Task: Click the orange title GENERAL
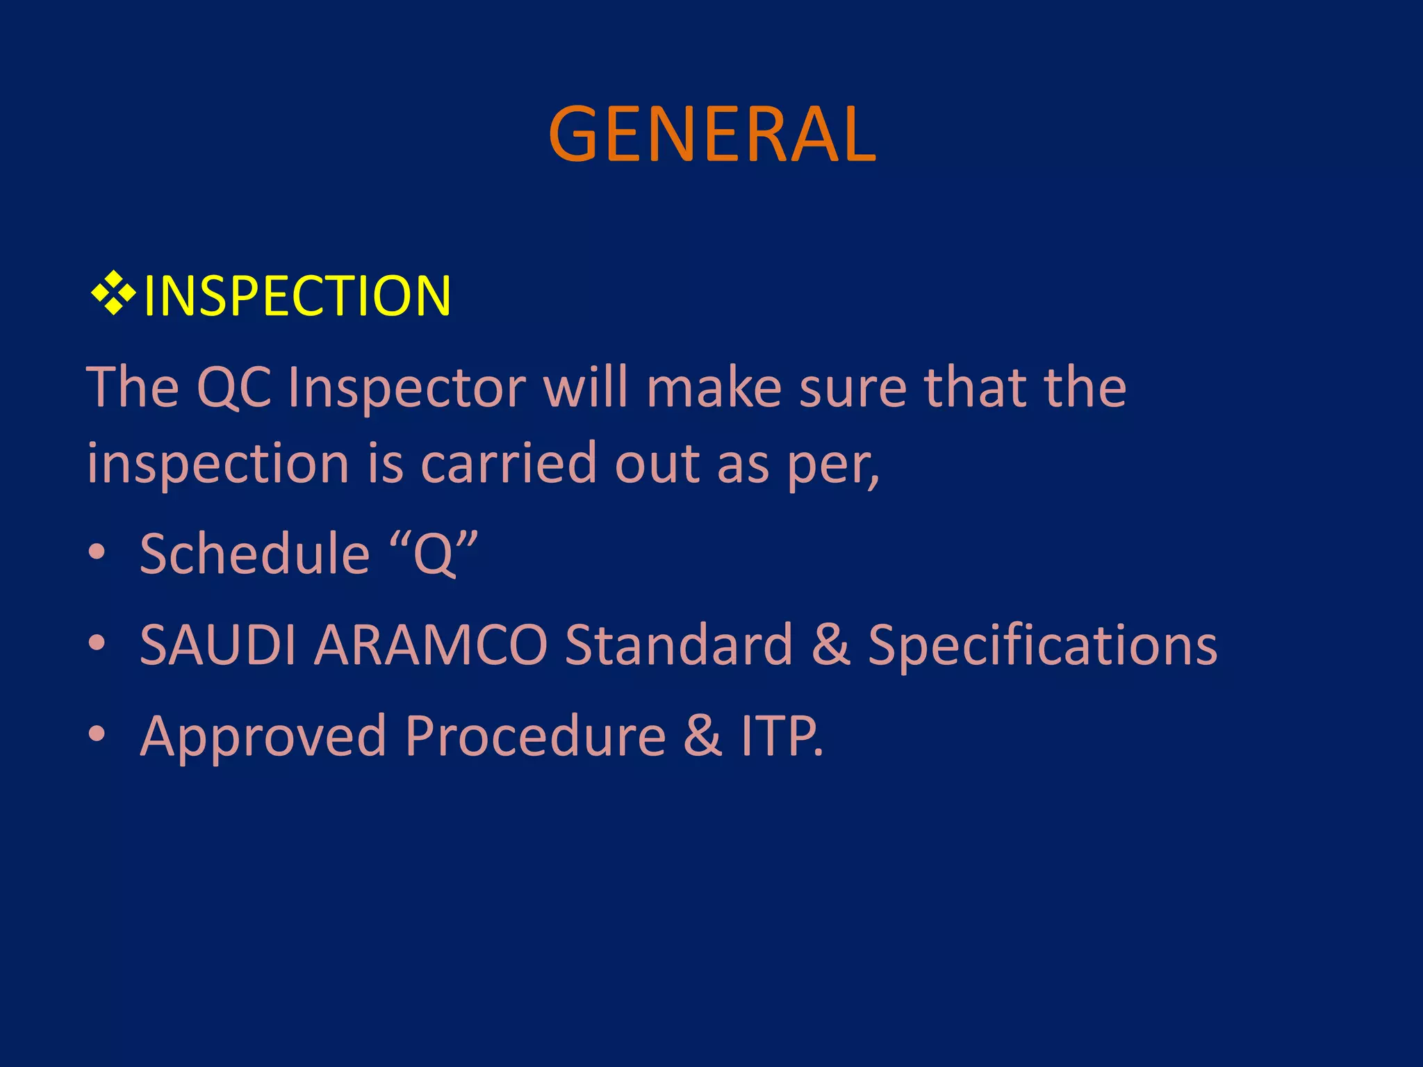[x=711, y=135]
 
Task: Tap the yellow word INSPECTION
[x=297, y=297]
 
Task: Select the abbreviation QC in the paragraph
[x=234, y=388]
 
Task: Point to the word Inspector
[x=406, y=388]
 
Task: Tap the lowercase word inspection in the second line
[x=217, y=464]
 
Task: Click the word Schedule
[x=254, y=554]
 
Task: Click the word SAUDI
[x=217, y=645]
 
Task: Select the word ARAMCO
[x=431, y=645]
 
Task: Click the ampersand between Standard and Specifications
[x=830, y=645]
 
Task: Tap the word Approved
[x=263, y=736]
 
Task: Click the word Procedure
[x=535, y=736]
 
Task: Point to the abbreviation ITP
[x=778, y=736]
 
